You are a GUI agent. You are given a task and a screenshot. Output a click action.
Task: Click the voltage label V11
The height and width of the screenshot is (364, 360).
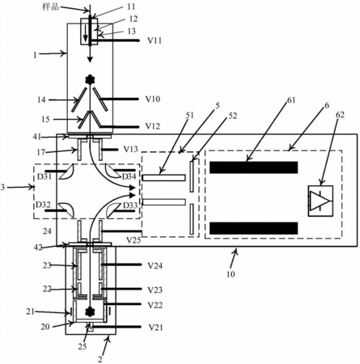(x=155, y=40)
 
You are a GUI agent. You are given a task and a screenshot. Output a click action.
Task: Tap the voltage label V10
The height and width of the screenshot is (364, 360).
(x=153, y=99)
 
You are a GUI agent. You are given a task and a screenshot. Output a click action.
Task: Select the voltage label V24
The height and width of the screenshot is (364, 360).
(x=155, y=266)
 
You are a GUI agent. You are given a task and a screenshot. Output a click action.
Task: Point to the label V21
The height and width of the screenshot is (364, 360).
(x=156, y=328)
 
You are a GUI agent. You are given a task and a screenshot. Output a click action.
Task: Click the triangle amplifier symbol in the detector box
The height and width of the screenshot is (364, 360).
(x=320, y=201)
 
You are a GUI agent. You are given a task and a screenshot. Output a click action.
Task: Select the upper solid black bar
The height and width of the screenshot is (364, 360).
(x=254, y=167)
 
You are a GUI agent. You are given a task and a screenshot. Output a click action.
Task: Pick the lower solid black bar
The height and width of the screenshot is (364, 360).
(x=254, y=228)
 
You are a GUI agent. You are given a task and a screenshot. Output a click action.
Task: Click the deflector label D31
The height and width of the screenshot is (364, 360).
(x=44, y=177)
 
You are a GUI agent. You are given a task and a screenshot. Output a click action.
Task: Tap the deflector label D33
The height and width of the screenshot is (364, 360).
(x=130, y=205)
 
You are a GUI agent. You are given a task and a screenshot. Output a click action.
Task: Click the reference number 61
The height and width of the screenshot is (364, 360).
(x=291, y=100)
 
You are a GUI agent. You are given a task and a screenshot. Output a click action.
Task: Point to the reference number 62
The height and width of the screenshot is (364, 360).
(x=340, y=115)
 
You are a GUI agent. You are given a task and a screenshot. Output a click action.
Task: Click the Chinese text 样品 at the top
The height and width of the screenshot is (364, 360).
(x=50, y=6)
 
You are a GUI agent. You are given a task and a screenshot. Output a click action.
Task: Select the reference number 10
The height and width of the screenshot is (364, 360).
(x=231, y=274)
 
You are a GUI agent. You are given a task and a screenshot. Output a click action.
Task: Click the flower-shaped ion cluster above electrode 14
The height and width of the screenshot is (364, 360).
(x=90, y=79)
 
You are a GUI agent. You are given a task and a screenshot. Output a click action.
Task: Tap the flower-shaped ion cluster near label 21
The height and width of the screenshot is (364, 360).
(x=90, y=311)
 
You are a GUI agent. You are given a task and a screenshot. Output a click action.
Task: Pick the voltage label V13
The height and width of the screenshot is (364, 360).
(x=131, y=149)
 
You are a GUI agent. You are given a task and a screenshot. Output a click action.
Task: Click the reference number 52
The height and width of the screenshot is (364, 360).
(x=233, y=116)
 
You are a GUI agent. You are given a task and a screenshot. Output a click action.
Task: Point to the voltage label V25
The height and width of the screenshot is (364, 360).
(x=133, y=240)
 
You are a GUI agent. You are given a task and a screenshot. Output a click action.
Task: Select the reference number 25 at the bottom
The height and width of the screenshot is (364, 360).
(x=83, y=346)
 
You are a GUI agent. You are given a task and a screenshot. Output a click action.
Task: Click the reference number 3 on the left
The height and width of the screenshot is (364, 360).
(x=2, y=187)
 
